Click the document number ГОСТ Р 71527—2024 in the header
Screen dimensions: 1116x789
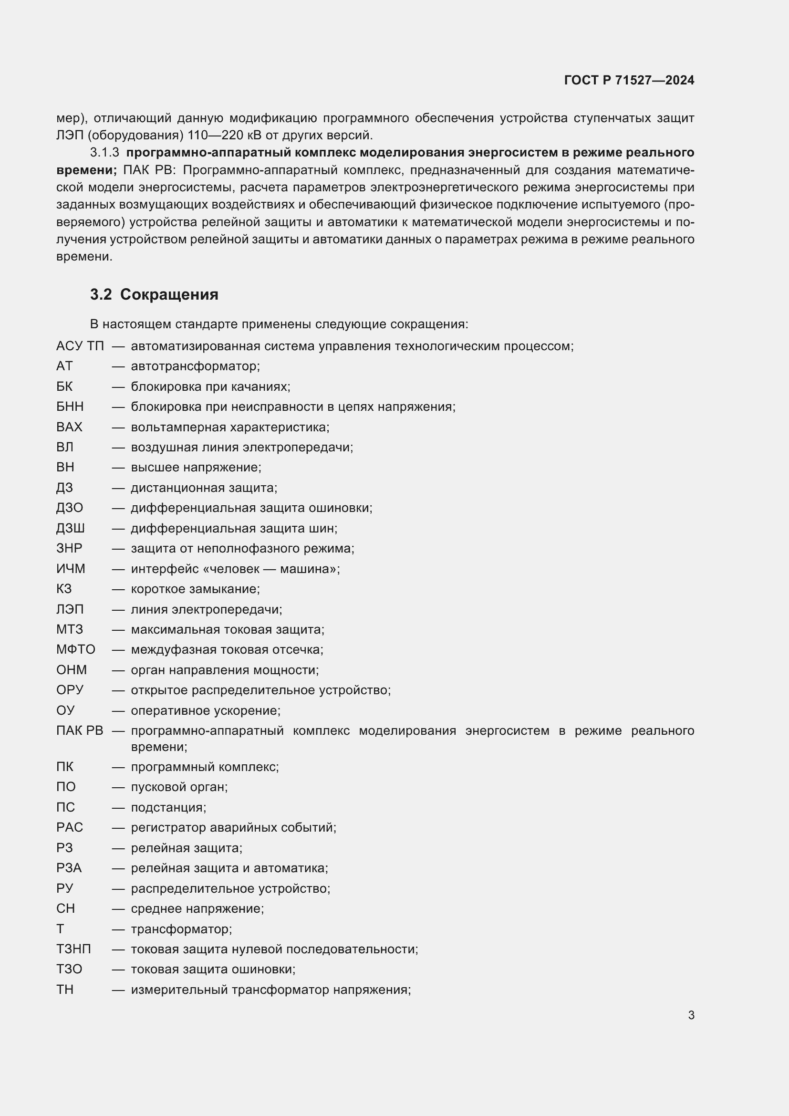pyautogui.click(x=629, y=81)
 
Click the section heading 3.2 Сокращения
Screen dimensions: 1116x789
pyautogui.click(x=154, y=294)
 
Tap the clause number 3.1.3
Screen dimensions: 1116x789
pyautogui.click(x=104, y=153)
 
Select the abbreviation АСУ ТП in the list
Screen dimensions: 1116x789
pyautogui.click(x=80, y=346)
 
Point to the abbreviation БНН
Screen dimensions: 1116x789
pyautogui.click(x=70, y=407)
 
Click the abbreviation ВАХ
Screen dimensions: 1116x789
pyautogui.click(x=69, y=427)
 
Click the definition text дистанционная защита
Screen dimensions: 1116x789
pyautogui.click(x=204, y=488)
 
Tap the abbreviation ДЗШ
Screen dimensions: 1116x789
pyautogui.click(x=70, y=528)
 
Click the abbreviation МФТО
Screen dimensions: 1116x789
pyautogui.click(x=75, y=649)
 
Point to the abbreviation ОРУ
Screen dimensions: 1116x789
pyautogui.click(x=70, y=690)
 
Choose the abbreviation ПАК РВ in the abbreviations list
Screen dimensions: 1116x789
pyautogui.click(x=80, y=730)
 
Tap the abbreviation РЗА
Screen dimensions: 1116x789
pyautogui.click(x=69, y=868)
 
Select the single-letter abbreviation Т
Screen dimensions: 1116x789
pyautogui.click(x=60, y=929)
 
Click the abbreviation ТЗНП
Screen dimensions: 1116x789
pyautogui.click(x=73, y=949)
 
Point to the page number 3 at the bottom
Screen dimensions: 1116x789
pyautogui.click(x=691, y=1015)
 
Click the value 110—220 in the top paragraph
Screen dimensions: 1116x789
pyautogui.click(x=219, y=135)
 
